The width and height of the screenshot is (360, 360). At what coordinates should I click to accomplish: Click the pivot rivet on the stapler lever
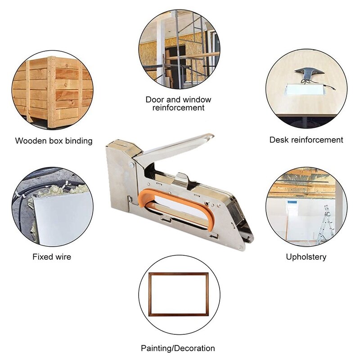click(x=131, y=165)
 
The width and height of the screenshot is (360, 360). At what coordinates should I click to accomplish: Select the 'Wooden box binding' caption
click(x=54, y=141)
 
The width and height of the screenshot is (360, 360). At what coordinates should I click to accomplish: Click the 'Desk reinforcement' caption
click(x=306, y=140)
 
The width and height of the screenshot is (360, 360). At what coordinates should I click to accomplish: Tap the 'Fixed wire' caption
click(x=52, y=256)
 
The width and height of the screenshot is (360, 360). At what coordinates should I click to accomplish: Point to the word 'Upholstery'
click(x=306, y=257)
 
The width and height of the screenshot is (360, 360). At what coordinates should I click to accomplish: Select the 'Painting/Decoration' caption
click(x=178, y=348)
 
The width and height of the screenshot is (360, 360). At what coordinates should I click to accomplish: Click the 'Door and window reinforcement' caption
click(x=178, y=103)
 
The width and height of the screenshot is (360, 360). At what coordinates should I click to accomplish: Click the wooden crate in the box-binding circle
click(x=53, y=91)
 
